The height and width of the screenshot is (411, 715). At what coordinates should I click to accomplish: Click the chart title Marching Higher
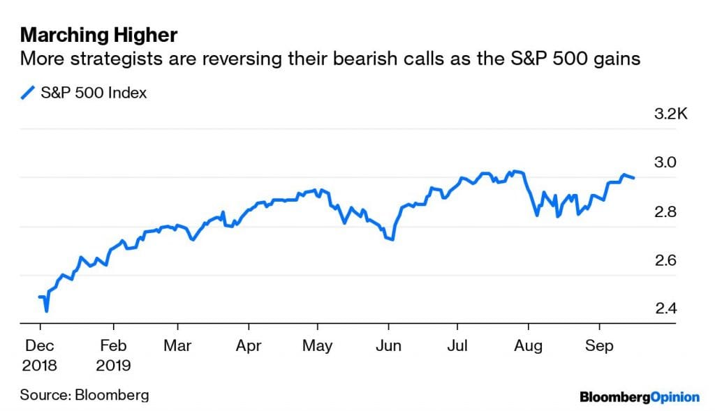(x=99, y=34)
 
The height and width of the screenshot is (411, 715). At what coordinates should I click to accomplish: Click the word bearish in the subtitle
(x=366, y=59)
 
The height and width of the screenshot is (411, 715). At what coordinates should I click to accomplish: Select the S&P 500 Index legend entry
(x=84, y=92)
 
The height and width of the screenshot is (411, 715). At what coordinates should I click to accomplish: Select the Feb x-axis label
(x=113, y=345)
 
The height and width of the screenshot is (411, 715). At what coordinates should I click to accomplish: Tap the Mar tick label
(x=177, y=345)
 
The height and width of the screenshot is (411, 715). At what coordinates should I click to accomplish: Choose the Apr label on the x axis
(x=248, y=345)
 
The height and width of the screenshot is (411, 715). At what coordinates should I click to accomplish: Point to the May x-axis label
(x=317, y=345)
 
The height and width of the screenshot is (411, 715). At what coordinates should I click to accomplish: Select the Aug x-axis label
(x=529, y=345)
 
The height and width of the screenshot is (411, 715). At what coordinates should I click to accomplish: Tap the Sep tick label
(x=598, y=345)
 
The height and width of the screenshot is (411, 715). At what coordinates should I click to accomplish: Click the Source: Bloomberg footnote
(x=84, y=395)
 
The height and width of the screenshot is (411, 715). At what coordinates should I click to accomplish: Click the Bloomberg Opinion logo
(x=639, y=397)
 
